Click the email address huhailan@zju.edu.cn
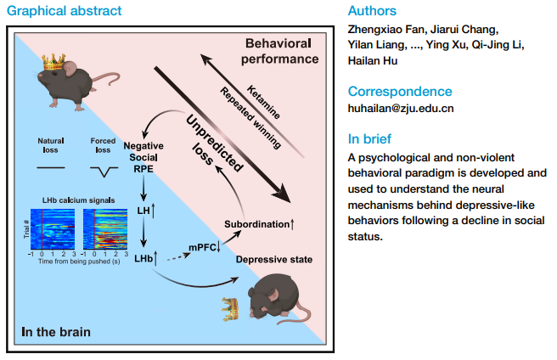coord(401,108)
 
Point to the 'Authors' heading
coord(372,12)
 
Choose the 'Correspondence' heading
coord(401,91)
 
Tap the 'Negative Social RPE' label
coord(143,158)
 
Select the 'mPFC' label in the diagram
coord(204,247)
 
